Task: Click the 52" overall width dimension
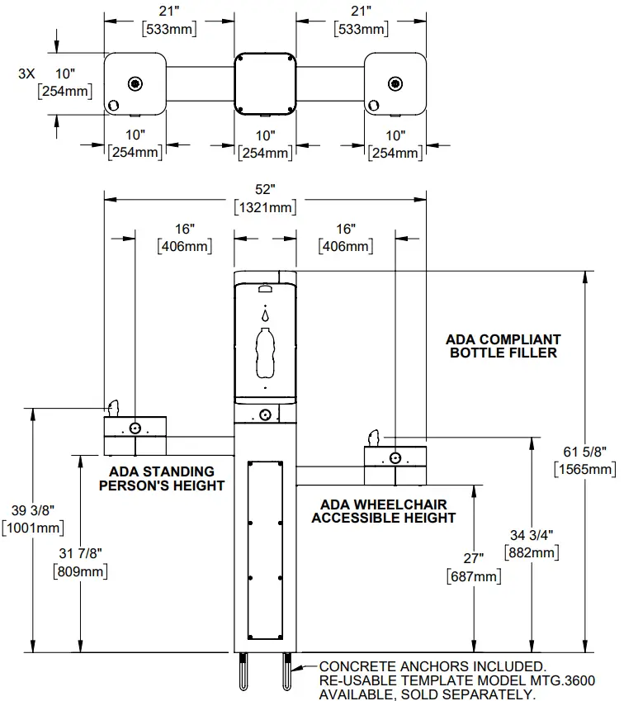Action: pyautogui.click(x=265, y=198)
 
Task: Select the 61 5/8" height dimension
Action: pyautogui.click(x=584, y=461)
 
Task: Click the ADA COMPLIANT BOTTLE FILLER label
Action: pyautogui.click(x=503, y=346)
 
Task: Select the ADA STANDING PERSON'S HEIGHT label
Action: pyautogui.click(x=162, y=478)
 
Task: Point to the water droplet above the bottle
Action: pyautogui.click(x=265, y=315)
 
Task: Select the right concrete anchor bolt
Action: pyautogui.click(x=286, y=672)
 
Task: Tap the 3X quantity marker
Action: pyautogui.click(x=26, y=73)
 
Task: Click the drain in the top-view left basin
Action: pyautogui.click(x=135, y=83)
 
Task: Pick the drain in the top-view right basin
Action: pyautogui.click(x=395, y=83)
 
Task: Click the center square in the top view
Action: pyautogui.click(x=265, y=84)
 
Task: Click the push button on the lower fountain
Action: pyautogui.click(x=396, y=457)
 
